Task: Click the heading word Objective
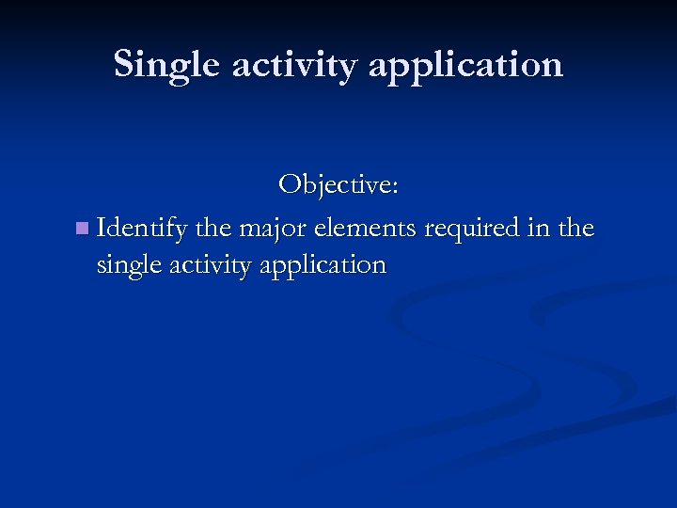point(335,184)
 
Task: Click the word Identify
point(142,229)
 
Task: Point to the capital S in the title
point(124,64)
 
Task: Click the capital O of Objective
point(290,184)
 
